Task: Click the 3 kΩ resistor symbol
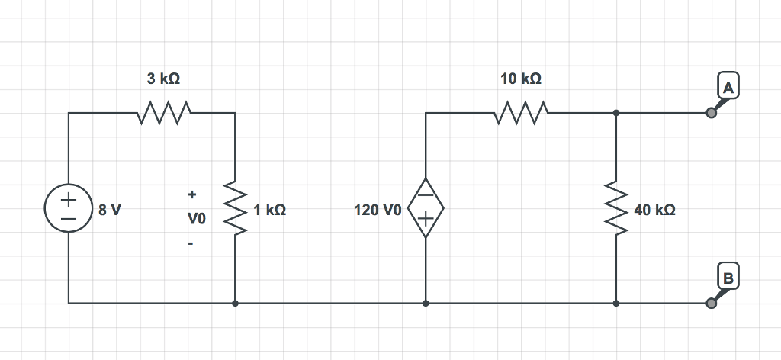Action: click(x=163, y=113)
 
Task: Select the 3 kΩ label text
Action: click(x=163, y=79)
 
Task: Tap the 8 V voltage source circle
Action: click(x=68, y=208)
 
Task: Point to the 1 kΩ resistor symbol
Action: click(x=235, y=208)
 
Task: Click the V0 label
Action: click(x=196, y=220)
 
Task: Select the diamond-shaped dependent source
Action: click(x=426, y=208)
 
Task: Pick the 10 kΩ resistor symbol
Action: click(x=521, y=113)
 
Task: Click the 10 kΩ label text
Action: click(x=521, y=79)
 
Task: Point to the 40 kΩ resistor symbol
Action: click(x=615, y=208)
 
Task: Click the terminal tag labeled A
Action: click(x=728, y=88)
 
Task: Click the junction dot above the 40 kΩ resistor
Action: click(x=615, y=113)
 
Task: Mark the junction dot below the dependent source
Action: click(x=426, y=303)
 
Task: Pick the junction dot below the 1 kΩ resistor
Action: click(x=235, y=303)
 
